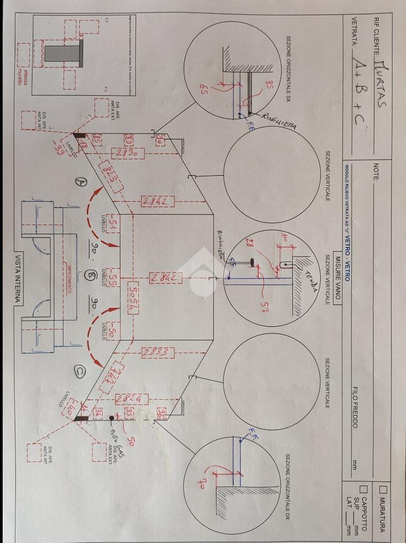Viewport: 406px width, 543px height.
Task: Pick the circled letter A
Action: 82,182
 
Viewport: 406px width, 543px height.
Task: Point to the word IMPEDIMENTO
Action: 70,280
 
